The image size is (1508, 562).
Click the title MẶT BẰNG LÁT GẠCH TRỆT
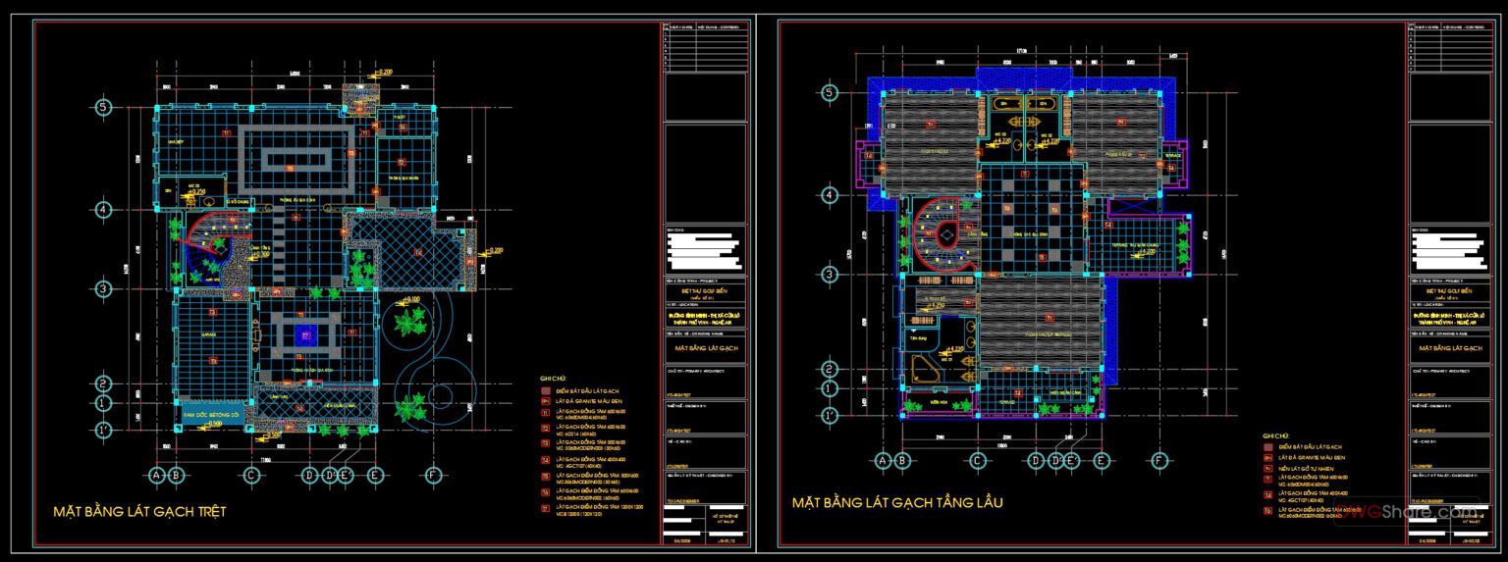pos(139,511)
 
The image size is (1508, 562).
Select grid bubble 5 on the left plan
pos(102,107)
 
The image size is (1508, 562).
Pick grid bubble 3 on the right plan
pos(830,275)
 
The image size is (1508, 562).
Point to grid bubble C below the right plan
pos(978,460)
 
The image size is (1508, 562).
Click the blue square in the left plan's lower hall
pos(305,335)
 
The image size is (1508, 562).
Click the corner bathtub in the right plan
pos(923,368)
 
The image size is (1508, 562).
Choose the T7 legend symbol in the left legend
pos(546,508)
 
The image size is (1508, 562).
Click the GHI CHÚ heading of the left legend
pos(554,378)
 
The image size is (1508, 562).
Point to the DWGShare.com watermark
pos(1432,509)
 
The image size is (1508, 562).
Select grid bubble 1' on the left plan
pos(102,430)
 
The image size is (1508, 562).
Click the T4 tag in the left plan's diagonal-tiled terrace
pos(418,252)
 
